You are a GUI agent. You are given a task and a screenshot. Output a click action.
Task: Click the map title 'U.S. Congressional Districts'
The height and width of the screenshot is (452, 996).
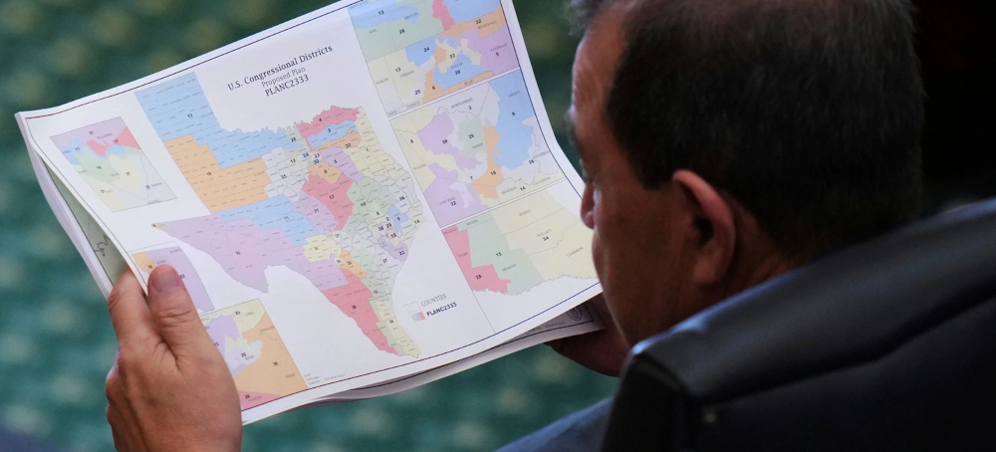(x=279, y=68)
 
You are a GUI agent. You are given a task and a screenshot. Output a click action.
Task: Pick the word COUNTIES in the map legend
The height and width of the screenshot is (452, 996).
(x=433, y=298)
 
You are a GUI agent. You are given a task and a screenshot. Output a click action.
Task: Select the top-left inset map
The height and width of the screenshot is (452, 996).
(x=110, y=162)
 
